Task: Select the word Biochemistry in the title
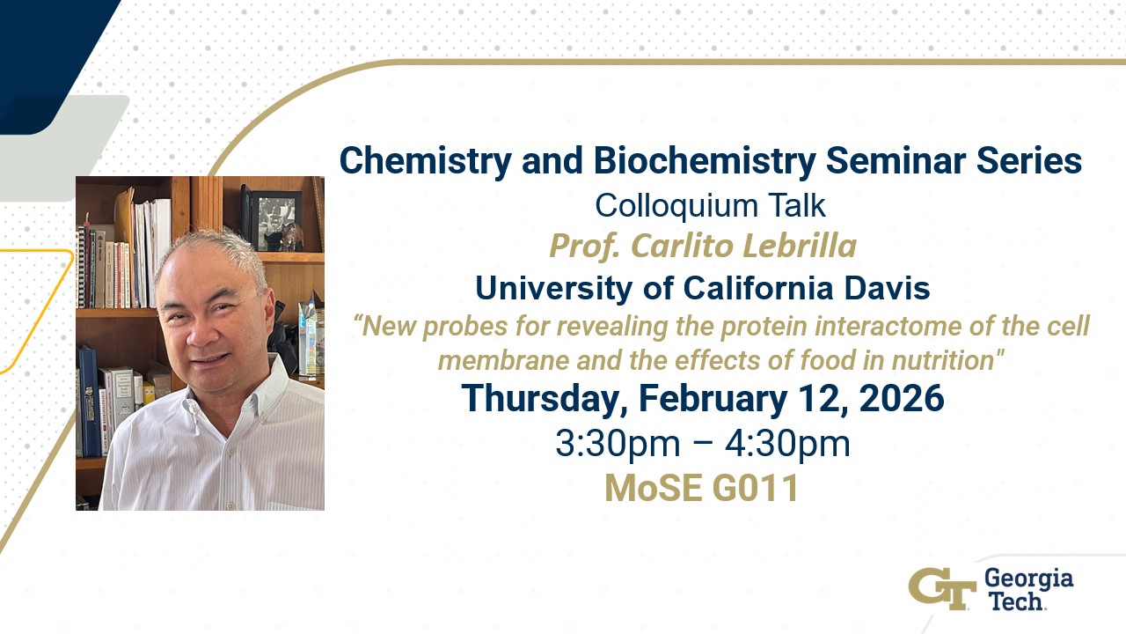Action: coord(705,162)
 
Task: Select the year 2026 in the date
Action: coord(902,398)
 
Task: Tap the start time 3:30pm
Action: coord(618,445)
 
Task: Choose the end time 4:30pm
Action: coord(787,445)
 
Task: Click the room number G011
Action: coord(755,488)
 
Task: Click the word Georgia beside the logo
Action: coord(1028,579)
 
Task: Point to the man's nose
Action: coord(201,333)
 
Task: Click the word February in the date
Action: coord(713,400)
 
